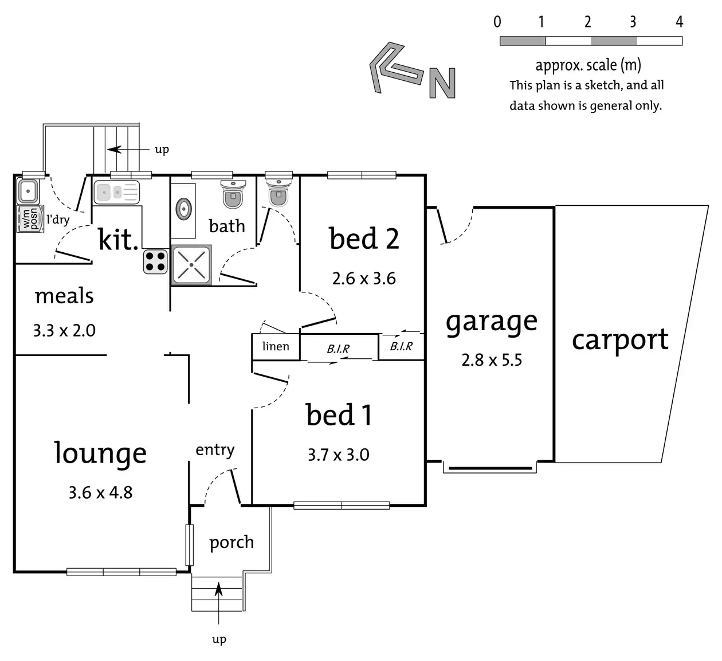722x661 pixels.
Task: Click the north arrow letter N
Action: click(442, 84)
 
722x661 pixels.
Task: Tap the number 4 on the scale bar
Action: click(679, 22)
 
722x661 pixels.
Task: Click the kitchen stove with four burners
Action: click(155, 261)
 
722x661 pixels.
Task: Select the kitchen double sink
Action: click(117, 192)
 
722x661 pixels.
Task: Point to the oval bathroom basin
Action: click(183, 209)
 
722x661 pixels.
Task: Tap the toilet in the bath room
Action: click(233, 194)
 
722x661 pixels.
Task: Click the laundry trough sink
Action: click(28, 191)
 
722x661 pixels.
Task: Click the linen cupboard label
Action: click(276, 346)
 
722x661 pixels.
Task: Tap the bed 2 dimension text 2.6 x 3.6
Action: click(364, 279)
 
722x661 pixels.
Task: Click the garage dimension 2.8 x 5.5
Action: click(492, 360)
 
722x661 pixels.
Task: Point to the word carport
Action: click(620, 340)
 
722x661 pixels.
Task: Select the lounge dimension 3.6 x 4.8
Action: click(100, 492)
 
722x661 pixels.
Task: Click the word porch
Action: click(231, 542)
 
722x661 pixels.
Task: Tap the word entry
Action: click(215, 450)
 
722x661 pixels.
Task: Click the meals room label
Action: click(64, 296)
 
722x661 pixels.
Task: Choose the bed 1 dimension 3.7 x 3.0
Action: click(338, 455)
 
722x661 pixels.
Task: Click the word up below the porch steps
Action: click(219, 639)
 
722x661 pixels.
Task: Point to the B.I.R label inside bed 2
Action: click(401, 346)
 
